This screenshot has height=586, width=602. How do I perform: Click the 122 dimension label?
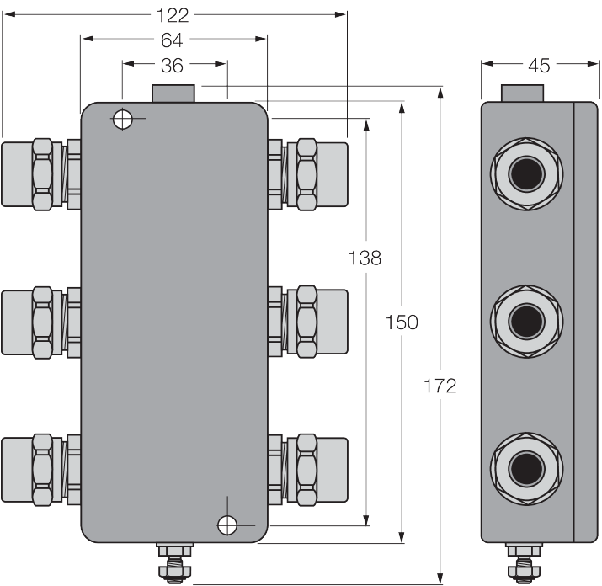click(173, 16)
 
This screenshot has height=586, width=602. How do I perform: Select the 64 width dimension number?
click(172, 40)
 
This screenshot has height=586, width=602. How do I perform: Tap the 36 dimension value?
click(172, 66)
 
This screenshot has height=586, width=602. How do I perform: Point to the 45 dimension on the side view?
click(539, 66)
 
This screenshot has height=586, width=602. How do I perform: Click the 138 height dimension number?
click(365, 258)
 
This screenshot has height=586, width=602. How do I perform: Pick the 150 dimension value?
click(402, 322)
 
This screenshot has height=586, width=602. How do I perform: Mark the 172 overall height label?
click(440, 386)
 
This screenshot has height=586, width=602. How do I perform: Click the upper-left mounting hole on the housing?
click(122, 119)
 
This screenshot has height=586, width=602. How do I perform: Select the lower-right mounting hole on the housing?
click(227, 525)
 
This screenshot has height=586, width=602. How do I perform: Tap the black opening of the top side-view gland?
click(527, 174)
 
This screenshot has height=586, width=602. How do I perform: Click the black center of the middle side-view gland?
click(527, 322)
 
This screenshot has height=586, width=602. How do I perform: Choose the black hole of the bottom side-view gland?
click(527, 469)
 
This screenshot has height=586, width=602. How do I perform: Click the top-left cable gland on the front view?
click(41, 174)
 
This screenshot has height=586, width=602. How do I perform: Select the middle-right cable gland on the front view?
click(308, 322)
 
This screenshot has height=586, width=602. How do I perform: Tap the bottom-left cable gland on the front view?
click(41, 470)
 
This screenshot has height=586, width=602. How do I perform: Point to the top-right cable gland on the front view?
click(308, 174)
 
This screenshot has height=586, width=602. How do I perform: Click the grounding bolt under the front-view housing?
click(174, 563)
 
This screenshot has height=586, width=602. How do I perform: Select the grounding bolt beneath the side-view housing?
click(524, 563)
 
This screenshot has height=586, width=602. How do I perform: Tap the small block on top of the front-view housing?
click(173, 93)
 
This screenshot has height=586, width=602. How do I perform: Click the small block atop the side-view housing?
click(523, 93)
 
